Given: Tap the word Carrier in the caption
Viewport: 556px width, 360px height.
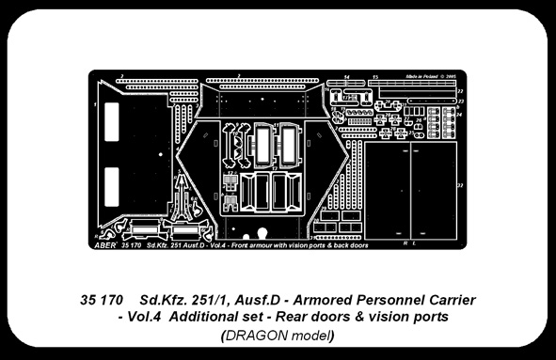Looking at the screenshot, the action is coord(453,300).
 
